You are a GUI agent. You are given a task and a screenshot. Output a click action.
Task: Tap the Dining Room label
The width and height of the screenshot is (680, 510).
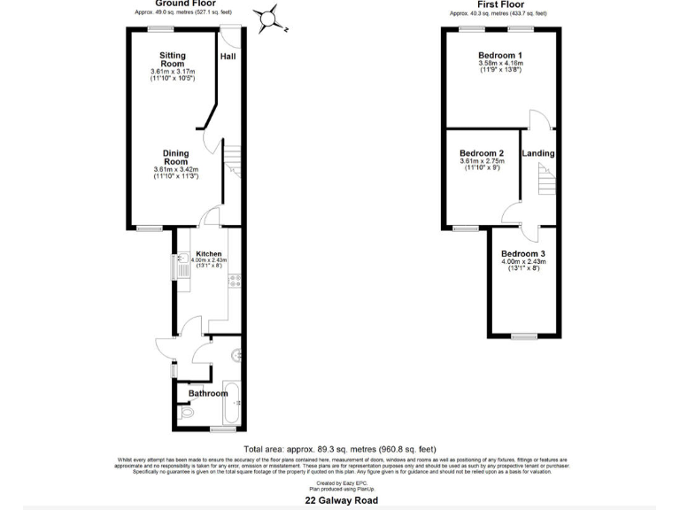[175, 157]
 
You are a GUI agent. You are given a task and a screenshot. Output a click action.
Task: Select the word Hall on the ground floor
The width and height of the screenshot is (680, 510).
[228, 56]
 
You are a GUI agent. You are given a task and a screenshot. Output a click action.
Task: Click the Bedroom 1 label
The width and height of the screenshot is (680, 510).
[500, 55]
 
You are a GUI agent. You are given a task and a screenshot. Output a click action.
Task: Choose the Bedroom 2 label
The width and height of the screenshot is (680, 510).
[482, 152]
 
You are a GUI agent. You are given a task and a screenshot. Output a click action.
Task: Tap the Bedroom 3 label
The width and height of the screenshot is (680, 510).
[523, 253]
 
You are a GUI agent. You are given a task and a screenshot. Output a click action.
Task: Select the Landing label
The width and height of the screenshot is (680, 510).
[538, 153]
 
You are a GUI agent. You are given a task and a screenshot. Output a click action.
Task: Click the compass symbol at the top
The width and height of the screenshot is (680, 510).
[267, 18]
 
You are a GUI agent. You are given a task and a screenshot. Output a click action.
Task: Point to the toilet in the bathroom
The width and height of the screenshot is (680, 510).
[185, 412]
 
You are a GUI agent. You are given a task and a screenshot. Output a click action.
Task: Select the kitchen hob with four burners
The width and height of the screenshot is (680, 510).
[236, 281]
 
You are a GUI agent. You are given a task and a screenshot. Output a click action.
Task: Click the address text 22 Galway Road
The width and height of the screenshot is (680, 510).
[342, 500]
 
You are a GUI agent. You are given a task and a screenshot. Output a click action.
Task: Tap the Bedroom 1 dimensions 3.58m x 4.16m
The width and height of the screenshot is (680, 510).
[500, 64]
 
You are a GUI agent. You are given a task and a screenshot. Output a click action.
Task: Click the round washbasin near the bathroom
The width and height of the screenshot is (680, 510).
[236, 356]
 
